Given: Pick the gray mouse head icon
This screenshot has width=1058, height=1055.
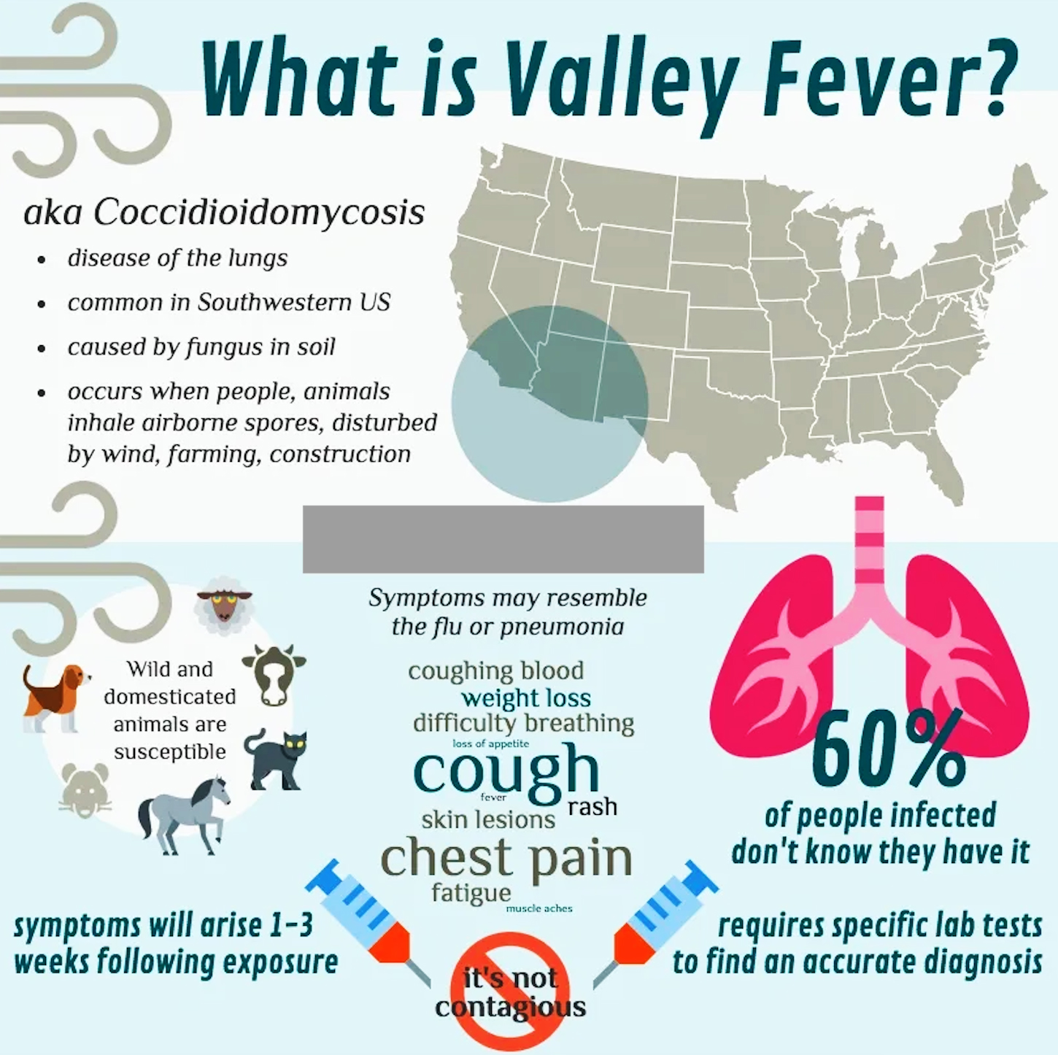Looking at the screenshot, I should (x=85, y=790).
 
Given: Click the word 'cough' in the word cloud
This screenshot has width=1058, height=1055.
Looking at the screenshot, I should (x=505, y=772).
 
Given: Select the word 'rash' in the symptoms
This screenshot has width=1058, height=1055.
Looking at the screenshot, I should (x=592, y=807).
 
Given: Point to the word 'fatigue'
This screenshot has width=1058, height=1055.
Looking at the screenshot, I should (x=471, y=892).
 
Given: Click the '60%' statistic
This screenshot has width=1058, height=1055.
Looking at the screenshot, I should (x=887, y=751).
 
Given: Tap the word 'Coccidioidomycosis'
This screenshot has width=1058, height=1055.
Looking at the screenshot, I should (x=259, y=212).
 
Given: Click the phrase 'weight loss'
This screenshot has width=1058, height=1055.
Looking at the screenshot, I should (x=525, y=698).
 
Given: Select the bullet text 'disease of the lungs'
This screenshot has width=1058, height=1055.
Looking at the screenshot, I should (x=177, y=258).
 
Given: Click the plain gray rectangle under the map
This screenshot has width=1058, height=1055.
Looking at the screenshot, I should (x=503, y=538).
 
